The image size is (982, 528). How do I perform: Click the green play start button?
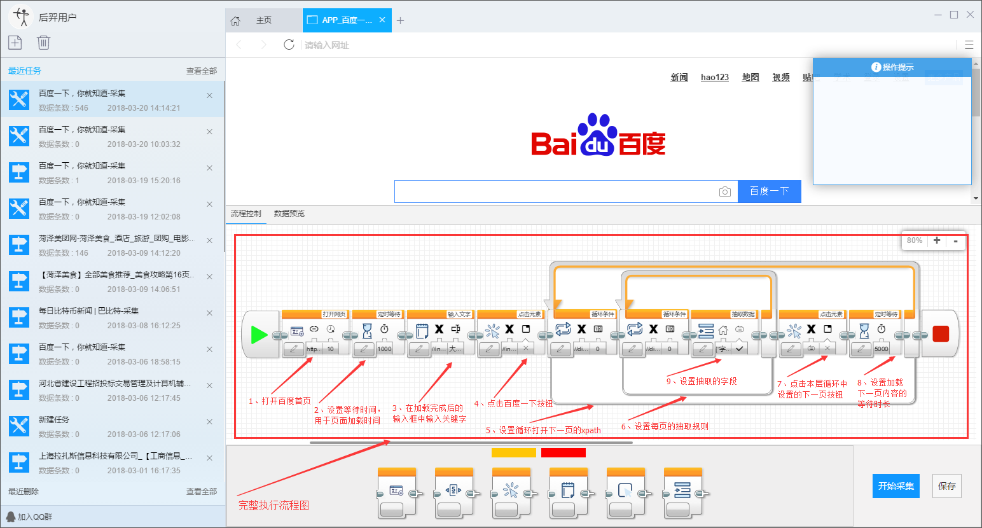pyautogui.click(x=259, y=334)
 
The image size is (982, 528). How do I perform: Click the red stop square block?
pyautogui.click(x=940, y=334)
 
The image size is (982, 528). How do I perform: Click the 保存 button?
pyautogui.click(x=946, y=486)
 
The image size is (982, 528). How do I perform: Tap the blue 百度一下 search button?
pyautogui.click(x=769, y=191)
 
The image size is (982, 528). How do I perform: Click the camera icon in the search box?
pyautogui.click(x=724, y=191)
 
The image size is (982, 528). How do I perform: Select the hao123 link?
pyautogui.click(x=714, y=77)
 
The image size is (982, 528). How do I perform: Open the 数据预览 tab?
pyautogui.click(x=289, y=214)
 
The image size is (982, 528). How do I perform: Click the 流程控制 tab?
pyautogui.click(x=246, y=214)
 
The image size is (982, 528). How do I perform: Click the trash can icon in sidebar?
pyautogui.click(x=43, y=43)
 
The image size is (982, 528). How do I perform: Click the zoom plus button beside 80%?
pyautogui.click(x=936, y=240)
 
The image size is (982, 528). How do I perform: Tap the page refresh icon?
pyautogui.click(x=289, y=45)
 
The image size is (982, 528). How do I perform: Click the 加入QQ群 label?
pyautogui.click(x=34, y=517)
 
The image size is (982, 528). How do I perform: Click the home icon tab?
pyautogui.click(x=235, y=20)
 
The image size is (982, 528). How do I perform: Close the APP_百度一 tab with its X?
pyautogui.click(x=382, y=20)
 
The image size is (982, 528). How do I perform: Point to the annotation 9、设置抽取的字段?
pyautogui.click(x=702, y=381)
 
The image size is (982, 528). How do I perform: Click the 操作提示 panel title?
pyautogui.click(x=893, y=67)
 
